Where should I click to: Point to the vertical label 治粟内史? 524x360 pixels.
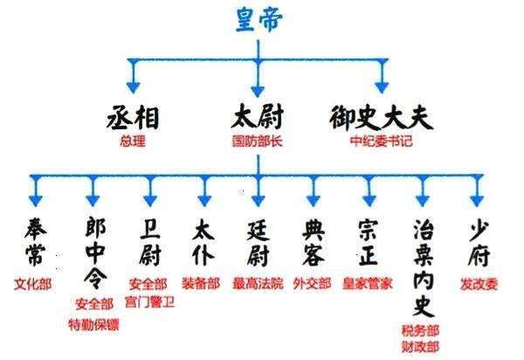422,263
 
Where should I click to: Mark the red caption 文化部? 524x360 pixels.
33,284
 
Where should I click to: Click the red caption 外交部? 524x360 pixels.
313,284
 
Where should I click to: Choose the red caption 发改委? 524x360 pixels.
477,284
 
